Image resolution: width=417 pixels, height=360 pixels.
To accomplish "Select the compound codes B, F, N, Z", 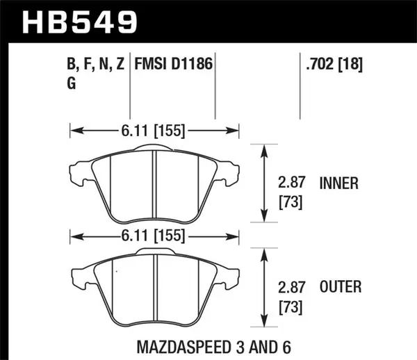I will coord(96,66).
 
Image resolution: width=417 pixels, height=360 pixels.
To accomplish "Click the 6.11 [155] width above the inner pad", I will coord(154,129).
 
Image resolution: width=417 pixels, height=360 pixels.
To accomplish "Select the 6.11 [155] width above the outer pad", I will coord(154,236).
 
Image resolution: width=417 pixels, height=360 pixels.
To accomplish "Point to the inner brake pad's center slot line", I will coord(154,184).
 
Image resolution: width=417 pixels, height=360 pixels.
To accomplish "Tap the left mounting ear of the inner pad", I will coord(78,171).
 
